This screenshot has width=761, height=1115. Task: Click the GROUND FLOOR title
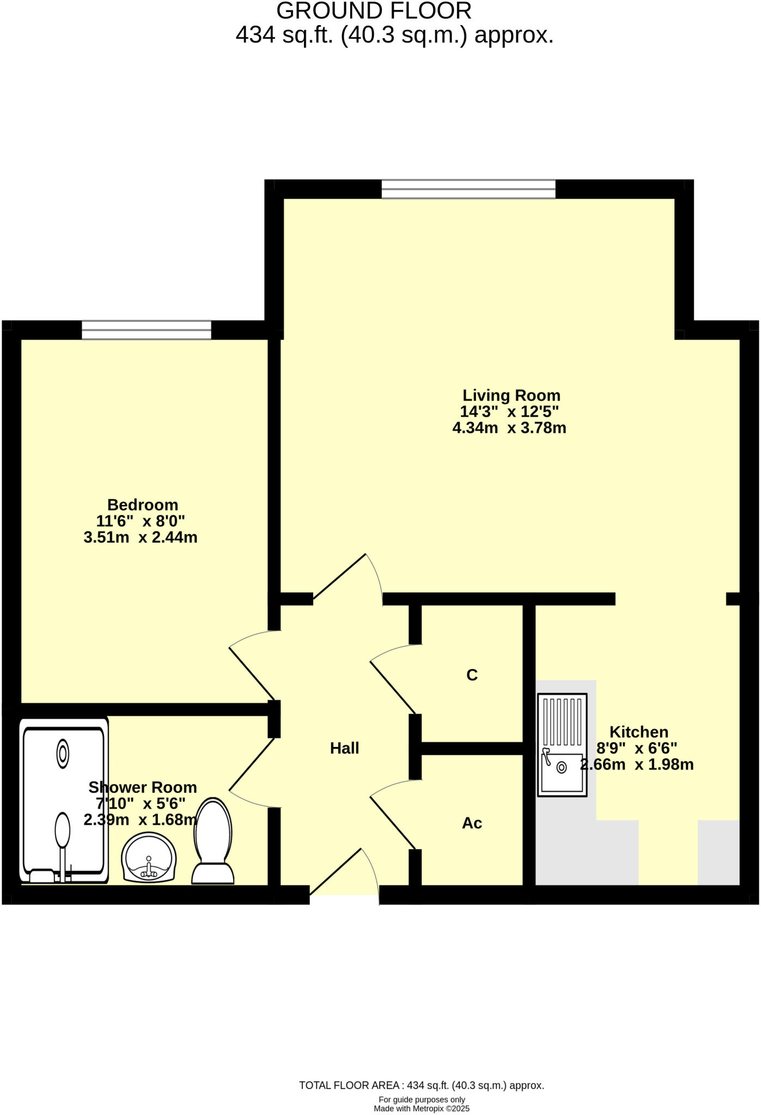point(374,11)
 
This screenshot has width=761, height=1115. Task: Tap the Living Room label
point(511,395)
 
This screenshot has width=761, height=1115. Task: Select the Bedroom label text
point(143,505)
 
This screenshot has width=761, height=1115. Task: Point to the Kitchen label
point(638,732)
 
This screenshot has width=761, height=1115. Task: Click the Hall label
point(344,748)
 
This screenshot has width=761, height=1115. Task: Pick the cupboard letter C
point(472,675)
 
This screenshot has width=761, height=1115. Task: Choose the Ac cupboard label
point(472,823)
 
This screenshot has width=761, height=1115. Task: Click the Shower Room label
point(143,787)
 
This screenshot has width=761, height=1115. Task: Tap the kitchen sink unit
point(562,745)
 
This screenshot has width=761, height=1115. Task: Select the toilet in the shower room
point(214,841)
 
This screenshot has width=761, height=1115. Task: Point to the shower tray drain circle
point(63,754)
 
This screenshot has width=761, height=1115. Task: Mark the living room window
point(468,189)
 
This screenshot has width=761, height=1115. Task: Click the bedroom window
point(147,330)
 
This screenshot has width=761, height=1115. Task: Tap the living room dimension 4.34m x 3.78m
point(509,428)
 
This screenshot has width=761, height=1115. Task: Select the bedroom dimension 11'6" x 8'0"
point(141,521)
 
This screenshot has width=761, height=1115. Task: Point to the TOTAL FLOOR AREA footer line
point(422,1086)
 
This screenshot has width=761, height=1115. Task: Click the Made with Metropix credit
point(422,1108)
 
